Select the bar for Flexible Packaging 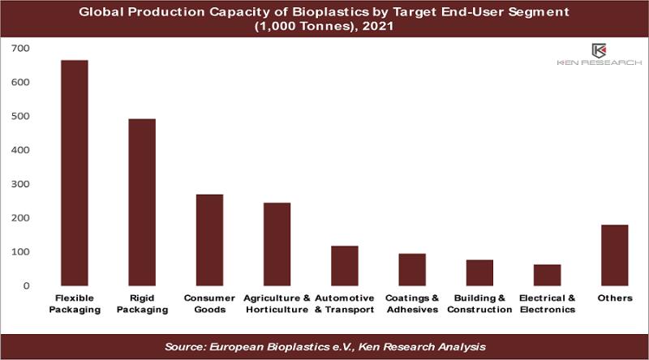(x=75, y=173)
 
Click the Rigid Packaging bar (x=142, y=203)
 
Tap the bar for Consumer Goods (x=209, y=240)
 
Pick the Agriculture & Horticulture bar (x=277, y=244)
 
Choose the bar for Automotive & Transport (x=344, y=266)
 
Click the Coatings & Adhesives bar (x=412, y=270)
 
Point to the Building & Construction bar (x=479, y=272)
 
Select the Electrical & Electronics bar (x=547, y=275)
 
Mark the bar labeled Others (x=615, y=255)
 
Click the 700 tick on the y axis (x=20, y=49)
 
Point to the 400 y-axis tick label (x=20, y=150)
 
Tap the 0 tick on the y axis (x=27, y=286)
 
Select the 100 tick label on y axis (x=20, y=252)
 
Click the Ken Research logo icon (x=599, y=51)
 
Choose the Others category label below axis (x=615, y=298)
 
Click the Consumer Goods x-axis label (x=209, y=304)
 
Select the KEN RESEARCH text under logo (x=599, y=62)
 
